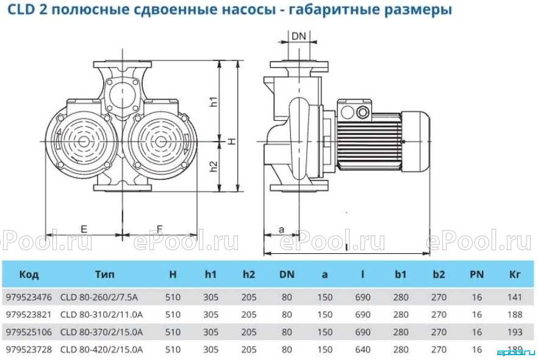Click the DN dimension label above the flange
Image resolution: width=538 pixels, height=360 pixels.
pos(298,36)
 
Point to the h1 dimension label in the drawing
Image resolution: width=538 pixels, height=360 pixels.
pos(213,101)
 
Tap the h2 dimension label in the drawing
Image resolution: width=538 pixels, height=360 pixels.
pos(213,167)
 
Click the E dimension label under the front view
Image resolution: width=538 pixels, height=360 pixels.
pos(84,229)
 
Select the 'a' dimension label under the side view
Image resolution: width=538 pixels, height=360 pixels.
pos(281,229)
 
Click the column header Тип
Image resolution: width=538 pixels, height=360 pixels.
pos(105,274)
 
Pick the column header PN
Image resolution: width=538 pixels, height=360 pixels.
pos(476,274)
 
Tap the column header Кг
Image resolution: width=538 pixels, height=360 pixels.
pos(515,274)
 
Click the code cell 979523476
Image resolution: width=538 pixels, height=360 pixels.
pos(29,297)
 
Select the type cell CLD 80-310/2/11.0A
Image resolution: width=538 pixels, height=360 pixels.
pos(101,314)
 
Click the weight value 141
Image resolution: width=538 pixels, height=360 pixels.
pos(515,297)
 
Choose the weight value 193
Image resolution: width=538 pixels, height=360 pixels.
pos(515,332)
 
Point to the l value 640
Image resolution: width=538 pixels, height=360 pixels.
pos(363,350)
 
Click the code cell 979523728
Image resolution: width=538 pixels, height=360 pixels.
pos(29,350)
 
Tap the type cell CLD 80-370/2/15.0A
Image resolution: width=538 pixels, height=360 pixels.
pos(101,332)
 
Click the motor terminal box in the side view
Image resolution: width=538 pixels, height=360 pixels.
pos(355,111)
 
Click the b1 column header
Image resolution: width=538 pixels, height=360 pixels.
pos(400,274)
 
